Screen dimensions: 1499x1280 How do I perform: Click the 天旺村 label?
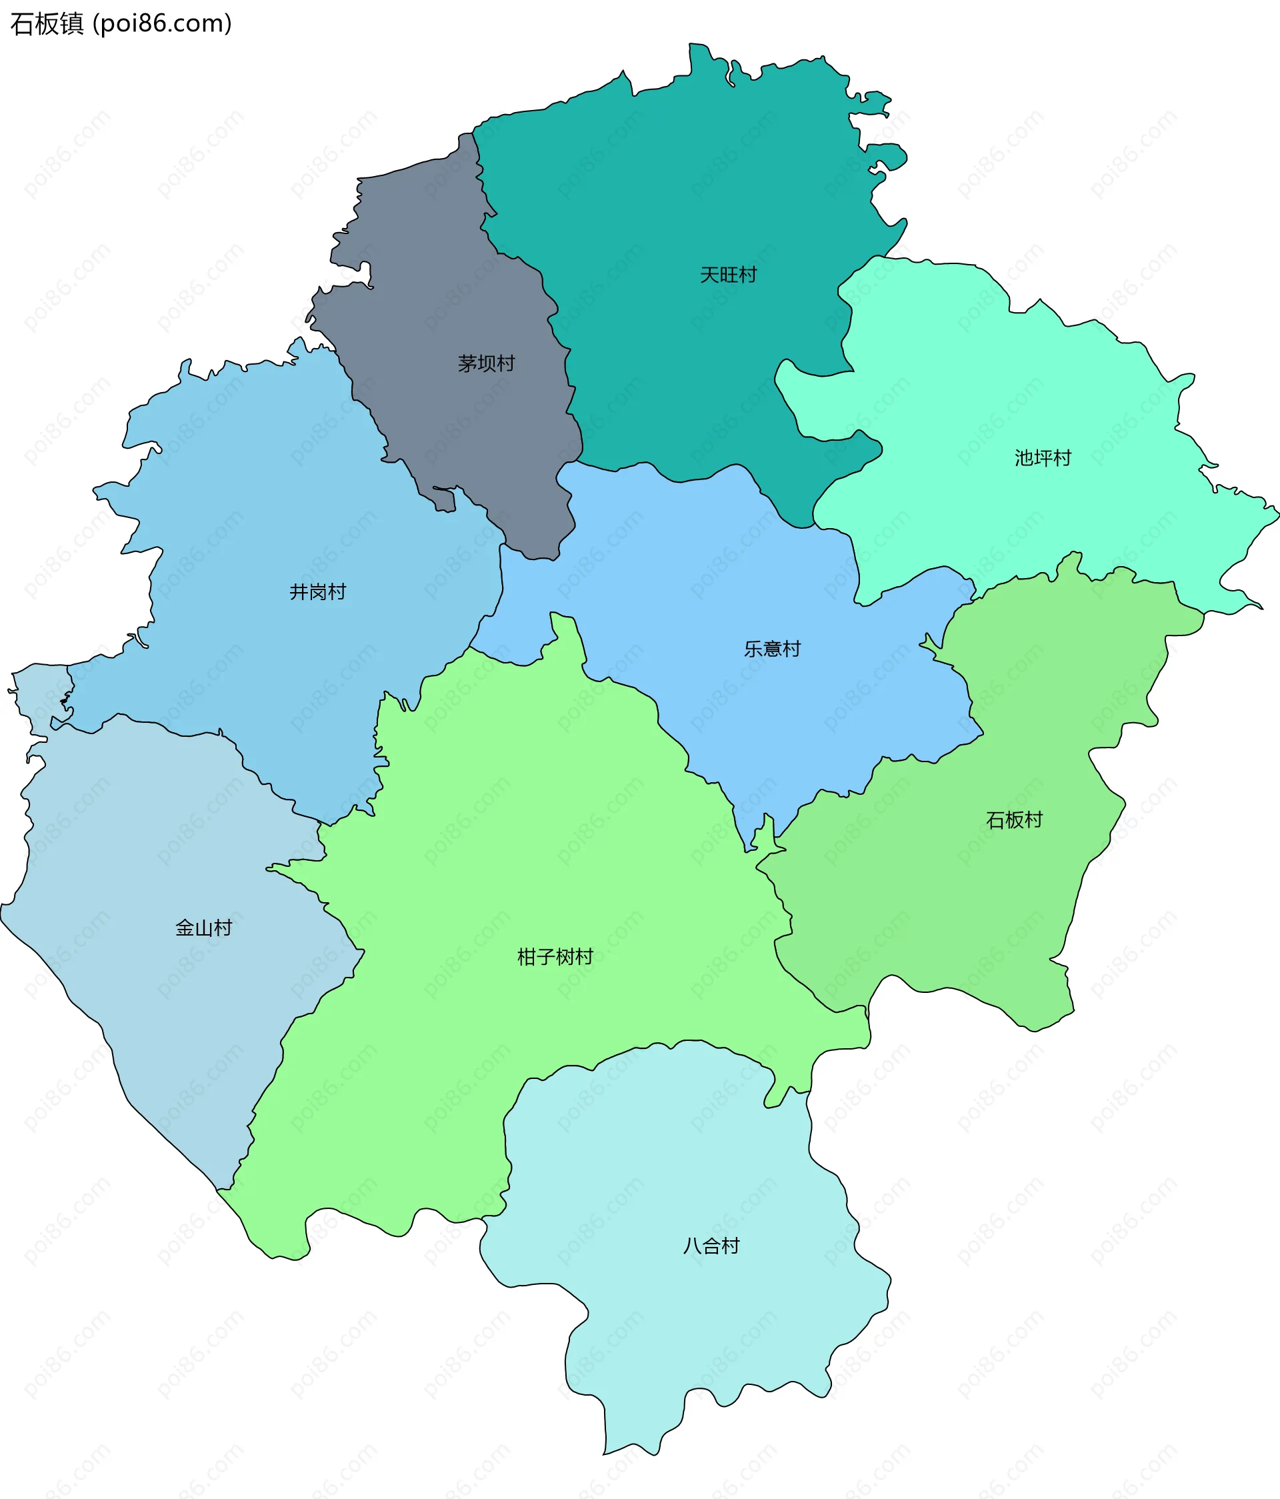click(727, 275)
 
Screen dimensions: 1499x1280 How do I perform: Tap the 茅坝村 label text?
click(486, 363)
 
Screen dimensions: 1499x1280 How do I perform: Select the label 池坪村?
click(1042, 458)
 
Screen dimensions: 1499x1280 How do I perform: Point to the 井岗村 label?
click(317, 591)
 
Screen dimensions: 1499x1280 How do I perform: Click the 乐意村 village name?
click(773, 649)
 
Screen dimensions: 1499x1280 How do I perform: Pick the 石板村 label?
click(1014, 820)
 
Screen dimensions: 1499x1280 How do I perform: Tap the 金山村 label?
click(203, 928)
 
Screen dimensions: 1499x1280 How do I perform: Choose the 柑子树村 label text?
click(555, 957)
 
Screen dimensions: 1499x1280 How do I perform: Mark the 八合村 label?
click(711, 1246)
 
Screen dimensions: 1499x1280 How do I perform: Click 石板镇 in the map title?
click(47, 24)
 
